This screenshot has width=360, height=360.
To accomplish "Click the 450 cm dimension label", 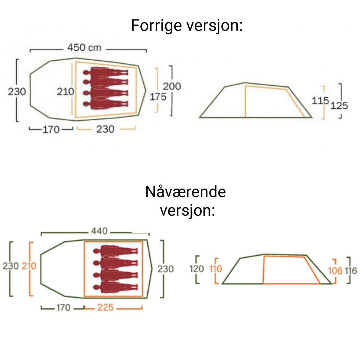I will coord(84,48).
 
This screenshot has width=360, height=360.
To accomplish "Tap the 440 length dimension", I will coord(99,231).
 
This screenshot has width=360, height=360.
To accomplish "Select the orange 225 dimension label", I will coord(105,307).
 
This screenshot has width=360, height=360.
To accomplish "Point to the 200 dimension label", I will coord(172,86).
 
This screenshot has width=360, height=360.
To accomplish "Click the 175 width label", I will coord(158,97).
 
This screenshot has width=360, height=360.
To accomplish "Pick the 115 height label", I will coord(320,101).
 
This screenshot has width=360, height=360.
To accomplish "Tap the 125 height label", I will coord(339,106).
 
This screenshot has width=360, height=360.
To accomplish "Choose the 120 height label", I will coord(197,269).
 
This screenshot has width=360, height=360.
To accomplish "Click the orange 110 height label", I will coord(216,269).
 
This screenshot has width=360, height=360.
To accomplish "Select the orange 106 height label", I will coord(335,271).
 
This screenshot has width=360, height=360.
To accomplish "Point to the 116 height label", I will coord(351,271).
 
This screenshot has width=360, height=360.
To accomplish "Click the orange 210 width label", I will coord(29,266).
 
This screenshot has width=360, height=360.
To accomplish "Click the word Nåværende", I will coord(185,192).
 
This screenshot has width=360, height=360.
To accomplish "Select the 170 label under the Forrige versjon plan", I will coord(51,130).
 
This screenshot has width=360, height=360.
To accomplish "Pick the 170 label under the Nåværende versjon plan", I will coord(63,308).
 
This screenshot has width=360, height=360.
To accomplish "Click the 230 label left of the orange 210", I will coord(11,266).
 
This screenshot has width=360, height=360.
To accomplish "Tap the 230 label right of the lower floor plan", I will coord(166,269).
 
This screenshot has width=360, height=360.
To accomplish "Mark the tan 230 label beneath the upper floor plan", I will coord(105,129).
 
